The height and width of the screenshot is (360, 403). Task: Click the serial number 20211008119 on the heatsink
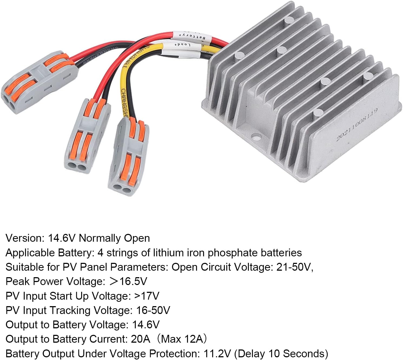[357, 124]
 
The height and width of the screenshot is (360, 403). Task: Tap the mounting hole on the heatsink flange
[255, 136]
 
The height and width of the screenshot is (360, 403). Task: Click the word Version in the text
[24, 238]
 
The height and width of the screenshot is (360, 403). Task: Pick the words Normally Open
[114, 238]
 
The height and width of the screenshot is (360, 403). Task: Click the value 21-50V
[294, 267]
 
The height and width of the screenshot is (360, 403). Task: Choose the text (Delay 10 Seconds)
[281, 354]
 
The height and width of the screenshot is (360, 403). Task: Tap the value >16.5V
[128, 282]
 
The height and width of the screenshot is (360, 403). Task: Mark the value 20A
[140, 339]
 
